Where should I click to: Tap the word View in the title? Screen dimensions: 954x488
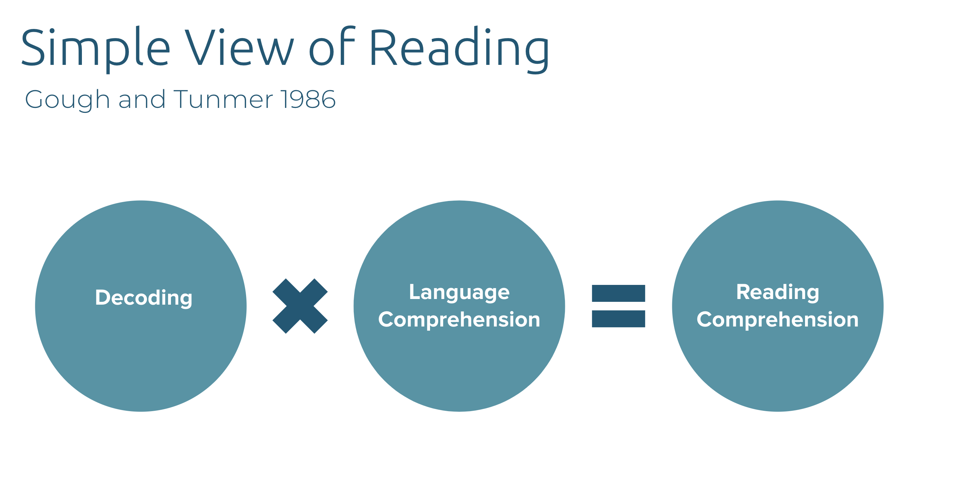click(240, 47)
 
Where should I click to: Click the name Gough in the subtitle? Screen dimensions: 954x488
click(67, 100)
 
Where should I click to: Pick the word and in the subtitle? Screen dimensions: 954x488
click(142, 99)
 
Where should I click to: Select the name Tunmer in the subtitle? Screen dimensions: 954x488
click(223, 99)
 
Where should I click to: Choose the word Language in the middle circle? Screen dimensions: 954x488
click(459, 293)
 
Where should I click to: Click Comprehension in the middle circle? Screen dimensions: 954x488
click(459, 320)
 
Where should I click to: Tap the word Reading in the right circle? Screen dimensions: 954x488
click(778, 293)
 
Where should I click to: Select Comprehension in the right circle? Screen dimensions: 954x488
click(778, 320)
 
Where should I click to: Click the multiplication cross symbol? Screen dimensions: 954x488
click(300, 306)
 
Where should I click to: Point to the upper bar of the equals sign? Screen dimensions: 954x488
click(619, 293)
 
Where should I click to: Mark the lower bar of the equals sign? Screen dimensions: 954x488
click(619, 318)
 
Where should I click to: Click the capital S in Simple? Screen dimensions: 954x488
click(33, 47)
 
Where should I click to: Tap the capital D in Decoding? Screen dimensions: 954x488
click(103, 298)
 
